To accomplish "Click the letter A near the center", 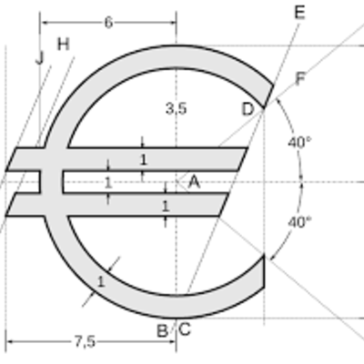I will [x=193, y=182].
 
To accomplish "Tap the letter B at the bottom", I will [x=162, y=330].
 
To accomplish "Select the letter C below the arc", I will [x=184, y=329].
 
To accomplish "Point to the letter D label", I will [x=248, y=109].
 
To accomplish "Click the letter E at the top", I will [x=300, y=12].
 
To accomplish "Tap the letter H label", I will [x=63, y=44].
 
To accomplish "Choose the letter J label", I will [x=39, y=57].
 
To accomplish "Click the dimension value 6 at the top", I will [x=108, y=23].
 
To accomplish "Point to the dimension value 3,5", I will [x=176, y=108].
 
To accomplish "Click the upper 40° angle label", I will [x=298, y=143].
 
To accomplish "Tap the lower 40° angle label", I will [x=298, y=221].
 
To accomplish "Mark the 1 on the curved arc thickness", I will [x=101, y=281].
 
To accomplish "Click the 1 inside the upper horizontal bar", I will [x=142, y=159].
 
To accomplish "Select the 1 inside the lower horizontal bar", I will [x=165, y=207].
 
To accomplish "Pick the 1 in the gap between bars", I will [x=107, y=183].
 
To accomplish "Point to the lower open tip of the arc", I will [x=262, y=268].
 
